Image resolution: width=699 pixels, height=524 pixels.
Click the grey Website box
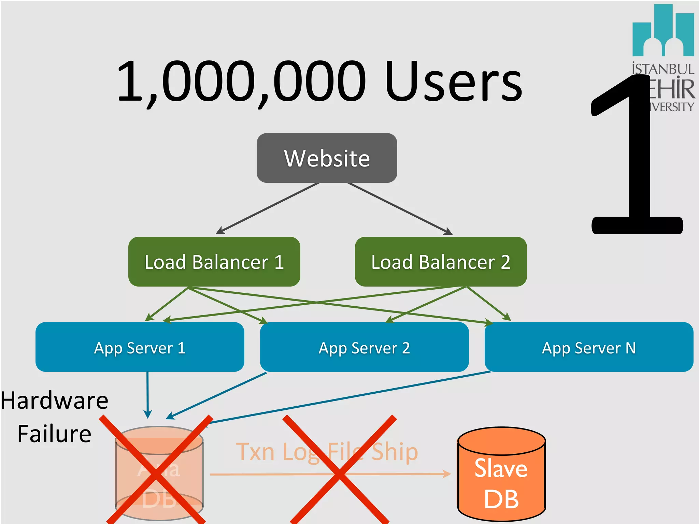pos(327,158)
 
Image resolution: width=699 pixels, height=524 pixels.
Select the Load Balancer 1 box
pos(214,262)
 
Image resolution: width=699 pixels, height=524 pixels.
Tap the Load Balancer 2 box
pos(440,262)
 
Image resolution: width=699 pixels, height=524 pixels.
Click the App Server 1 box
pos(140,347)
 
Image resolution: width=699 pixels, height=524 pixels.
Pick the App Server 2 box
pos(364,347)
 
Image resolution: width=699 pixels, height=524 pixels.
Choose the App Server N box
pos(589,347)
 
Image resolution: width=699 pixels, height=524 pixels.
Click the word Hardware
pos(55,401)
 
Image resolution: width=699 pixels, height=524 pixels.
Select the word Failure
pos(55,434)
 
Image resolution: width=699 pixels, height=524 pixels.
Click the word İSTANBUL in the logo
pos(663,69)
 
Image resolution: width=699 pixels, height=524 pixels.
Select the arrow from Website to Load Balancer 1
pos(268,208)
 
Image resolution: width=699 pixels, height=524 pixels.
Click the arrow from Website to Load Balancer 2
pos(399,208)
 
